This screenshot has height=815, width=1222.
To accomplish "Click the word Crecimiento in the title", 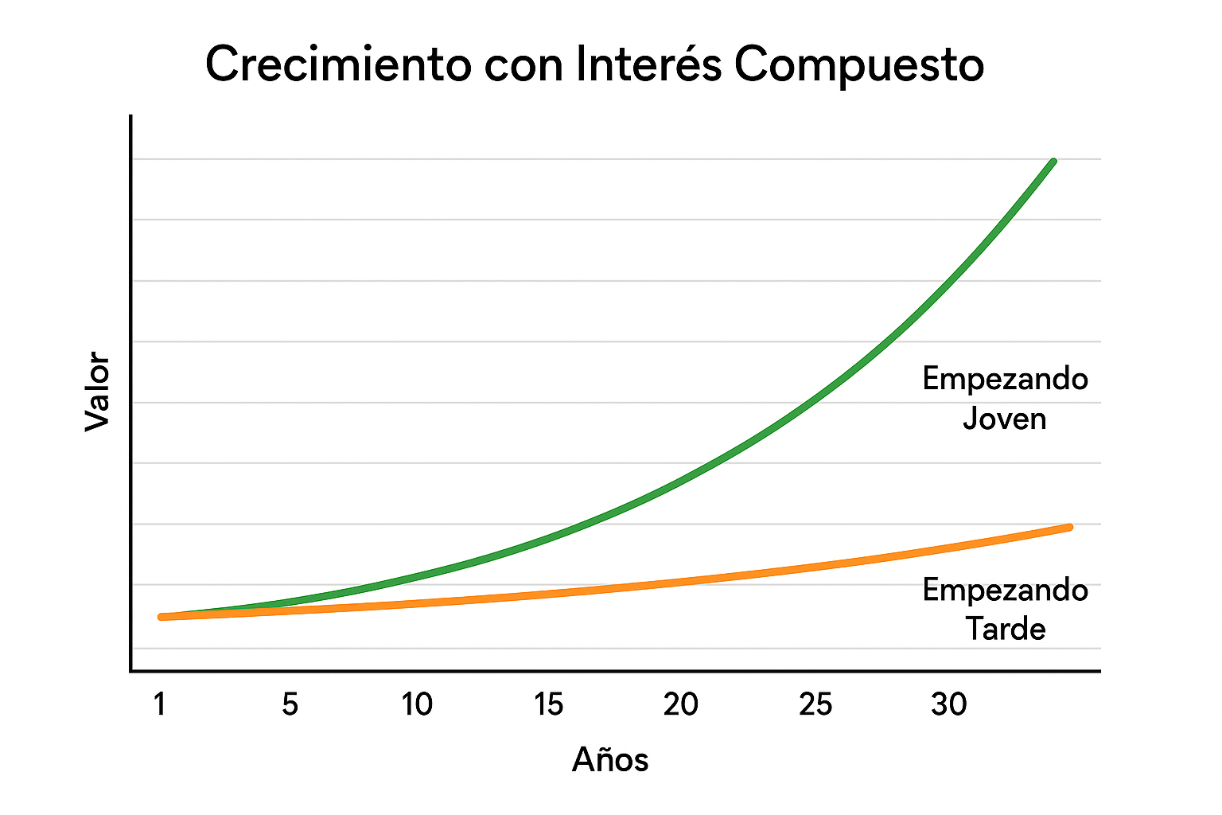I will click(338, 64).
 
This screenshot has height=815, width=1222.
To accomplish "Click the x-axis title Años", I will click(610, 760).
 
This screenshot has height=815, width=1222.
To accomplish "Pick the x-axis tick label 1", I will click(160, 704).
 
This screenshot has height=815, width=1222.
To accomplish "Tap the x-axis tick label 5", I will click(290, 704).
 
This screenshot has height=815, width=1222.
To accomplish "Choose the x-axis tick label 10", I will click(417, 704).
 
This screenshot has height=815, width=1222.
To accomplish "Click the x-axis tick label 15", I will click(549, 704).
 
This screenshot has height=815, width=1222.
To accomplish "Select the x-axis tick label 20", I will click(681, 704).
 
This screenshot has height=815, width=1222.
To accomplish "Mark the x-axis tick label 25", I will click(815, 704).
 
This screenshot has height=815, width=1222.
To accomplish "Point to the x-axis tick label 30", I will click(949, 704).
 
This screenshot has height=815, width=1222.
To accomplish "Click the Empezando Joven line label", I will click(1005, 398).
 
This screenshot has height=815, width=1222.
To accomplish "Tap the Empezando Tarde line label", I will click(1005, 610).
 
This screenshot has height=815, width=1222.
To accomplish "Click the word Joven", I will click(1005, 419).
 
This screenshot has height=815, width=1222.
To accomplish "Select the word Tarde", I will click(1006, 630).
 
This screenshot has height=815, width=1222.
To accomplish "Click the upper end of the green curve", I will click(1053, 162).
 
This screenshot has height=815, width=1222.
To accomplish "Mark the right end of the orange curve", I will click(1069, 527).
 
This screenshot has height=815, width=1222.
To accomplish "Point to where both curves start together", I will click(162, 617).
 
